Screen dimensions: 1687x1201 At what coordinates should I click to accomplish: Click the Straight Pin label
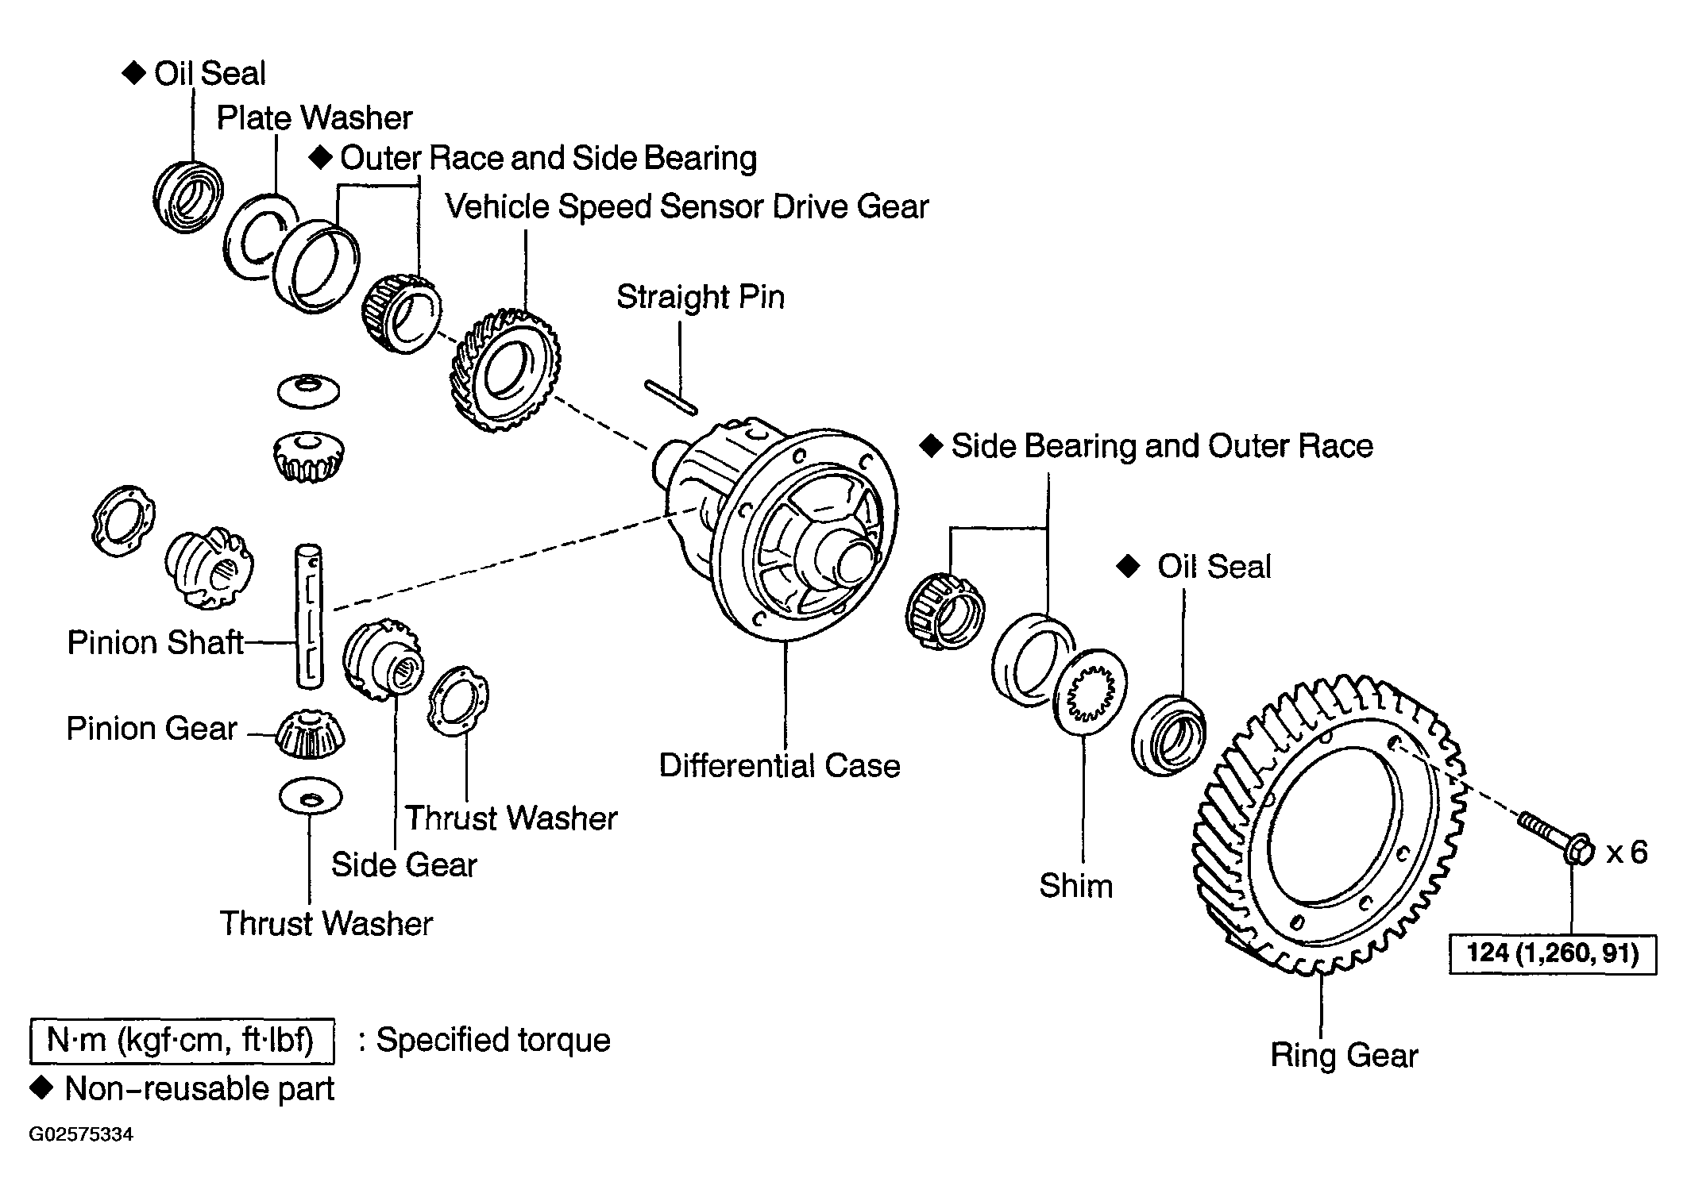point(701,298)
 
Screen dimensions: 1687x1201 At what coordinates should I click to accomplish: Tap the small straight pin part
point(671,398)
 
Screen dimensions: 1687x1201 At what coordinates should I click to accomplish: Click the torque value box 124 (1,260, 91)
point(1553,953)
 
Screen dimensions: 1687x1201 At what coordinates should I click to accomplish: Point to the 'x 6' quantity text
point(1627,853)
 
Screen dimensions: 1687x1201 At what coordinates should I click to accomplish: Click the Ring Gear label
point(1344,1056)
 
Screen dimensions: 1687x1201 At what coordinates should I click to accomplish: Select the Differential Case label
point(780,766)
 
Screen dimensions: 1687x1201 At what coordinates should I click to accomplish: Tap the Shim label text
point(1076,886)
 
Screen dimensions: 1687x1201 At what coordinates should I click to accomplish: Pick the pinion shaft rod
point(309,615)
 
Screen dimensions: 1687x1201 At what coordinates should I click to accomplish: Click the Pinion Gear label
point(152,729)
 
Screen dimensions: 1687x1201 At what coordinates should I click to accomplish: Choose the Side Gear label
point(404,864)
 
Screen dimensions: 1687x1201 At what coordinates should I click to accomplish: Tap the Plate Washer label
point(315,118)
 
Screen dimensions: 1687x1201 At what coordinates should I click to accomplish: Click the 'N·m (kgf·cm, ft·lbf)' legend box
point(182,1041)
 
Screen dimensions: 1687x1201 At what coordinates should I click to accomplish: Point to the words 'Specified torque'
point(493,1040)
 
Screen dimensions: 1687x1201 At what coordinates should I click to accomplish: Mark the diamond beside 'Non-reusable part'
point(41,1087)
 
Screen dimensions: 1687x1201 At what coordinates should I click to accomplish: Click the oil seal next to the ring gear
point(1168,736)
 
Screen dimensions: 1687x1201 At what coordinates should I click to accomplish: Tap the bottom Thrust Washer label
point(326,924)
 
